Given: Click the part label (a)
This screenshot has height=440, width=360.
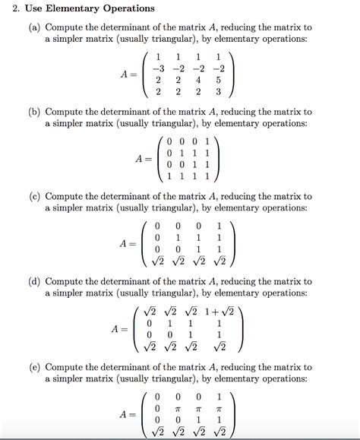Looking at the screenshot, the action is pos(36,27).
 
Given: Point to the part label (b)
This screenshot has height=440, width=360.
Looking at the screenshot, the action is pos(36,112).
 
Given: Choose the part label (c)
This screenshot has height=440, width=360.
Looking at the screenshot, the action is pos(36,196).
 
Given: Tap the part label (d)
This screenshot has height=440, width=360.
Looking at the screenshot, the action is pos(36,281).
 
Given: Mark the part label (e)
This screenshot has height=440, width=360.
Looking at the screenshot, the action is pos(36,366).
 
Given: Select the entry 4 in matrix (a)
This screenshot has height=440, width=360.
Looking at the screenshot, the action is pos(198,81).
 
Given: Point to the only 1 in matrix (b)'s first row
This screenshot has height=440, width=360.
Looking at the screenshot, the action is pos(207,141).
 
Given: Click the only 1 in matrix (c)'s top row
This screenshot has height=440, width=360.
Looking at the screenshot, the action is pos(219,226).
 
